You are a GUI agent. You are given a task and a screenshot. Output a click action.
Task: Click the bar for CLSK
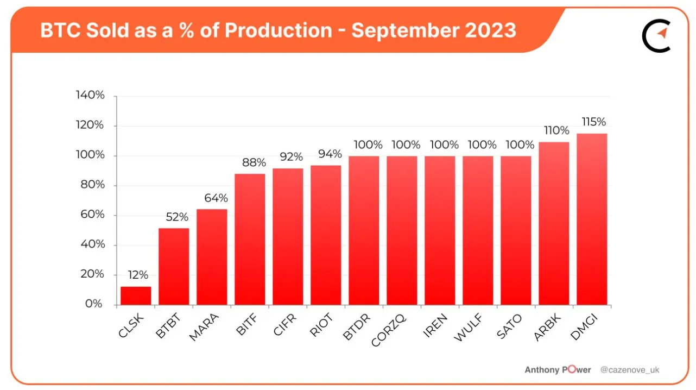click(136, 295)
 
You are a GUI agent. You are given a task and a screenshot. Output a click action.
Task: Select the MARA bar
click(212, 256)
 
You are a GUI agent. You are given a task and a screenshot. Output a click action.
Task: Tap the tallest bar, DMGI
click(592, 219)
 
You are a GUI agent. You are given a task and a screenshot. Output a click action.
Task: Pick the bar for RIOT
click(326, 235)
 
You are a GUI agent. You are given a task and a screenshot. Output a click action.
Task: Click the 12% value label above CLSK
click(138, 275)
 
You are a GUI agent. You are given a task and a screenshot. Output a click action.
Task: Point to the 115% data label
click(593, 122)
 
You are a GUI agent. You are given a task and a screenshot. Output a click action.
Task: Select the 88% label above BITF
click(254, 162)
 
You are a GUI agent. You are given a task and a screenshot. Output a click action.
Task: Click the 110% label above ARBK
click(556, 130)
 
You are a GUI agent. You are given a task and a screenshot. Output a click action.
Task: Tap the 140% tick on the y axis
click(90, 96)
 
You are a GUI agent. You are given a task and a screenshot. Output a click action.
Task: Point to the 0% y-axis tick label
click(93, 304)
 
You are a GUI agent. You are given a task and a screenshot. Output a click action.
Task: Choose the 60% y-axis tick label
click(92, 215)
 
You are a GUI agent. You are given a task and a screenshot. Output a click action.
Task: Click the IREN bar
click(440, 230)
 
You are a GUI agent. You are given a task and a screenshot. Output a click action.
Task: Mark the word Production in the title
click(278, 30)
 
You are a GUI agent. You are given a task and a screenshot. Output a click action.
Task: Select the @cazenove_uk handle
click(630, 370)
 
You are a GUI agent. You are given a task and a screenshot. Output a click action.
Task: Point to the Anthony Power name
click(558, 370)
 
